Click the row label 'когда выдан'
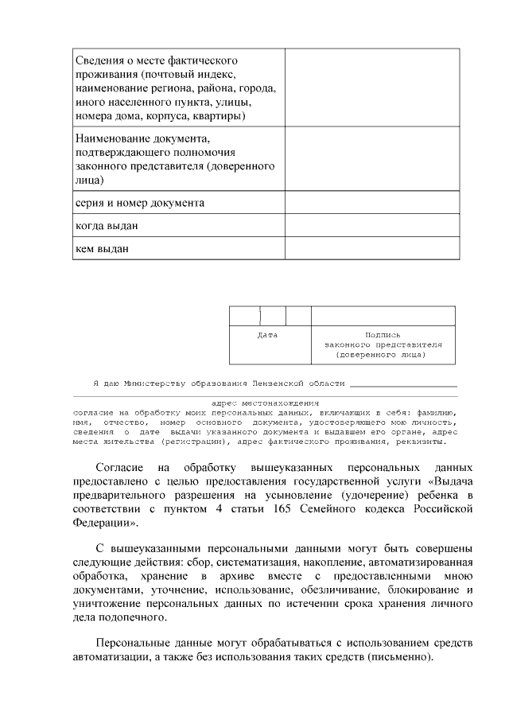coord(107,226)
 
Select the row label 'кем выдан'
coord(102,249)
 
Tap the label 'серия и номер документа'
coord(139,203)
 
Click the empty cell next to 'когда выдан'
coord(372,225)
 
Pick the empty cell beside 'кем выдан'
coord(372,248)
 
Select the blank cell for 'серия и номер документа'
coord(372,202)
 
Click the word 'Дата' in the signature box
coord(268,335)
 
